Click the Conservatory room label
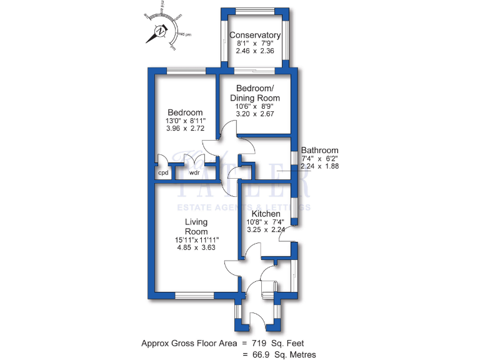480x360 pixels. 254,35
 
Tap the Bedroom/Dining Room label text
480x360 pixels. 254,93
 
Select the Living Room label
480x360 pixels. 196,226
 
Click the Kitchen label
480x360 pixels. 266,214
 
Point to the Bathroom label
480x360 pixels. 319,150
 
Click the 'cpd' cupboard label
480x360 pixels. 163,173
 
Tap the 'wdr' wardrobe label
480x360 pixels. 194,173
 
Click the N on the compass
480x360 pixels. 161,31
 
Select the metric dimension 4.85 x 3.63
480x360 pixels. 196,247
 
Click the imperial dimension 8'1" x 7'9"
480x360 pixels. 254,44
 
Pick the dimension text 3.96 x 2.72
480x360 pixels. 184,129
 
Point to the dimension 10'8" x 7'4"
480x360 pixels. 266,222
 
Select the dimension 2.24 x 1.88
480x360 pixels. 319,167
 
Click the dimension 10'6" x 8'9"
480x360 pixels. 254,106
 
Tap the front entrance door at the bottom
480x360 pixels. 257,320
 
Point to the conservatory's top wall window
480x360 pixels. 254,10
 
